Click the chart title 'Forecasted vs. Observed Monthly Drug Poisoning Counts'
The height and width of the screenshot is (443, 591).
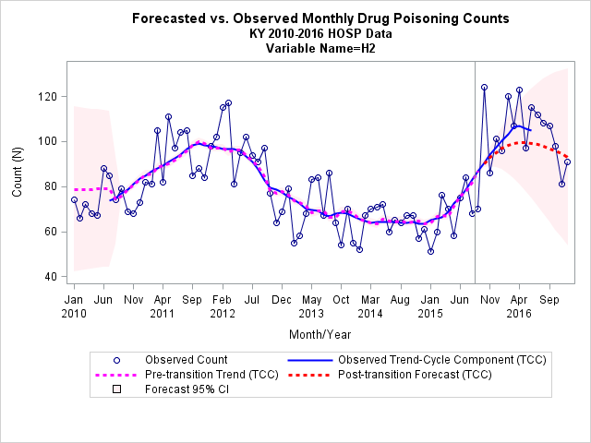[320, 18]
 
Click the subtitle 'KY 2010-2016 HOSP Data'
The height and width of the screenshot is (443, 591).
[320, 33]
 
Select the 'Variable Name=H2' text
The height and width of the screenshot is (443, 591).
[320, 48]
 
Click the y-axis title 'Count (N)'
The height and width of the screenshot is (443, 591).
[18, 173]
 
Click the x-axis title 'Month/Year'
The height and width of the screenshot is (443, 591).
[320, 334]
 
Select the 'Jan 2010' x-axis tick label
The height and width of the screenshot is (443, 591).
[74, 306]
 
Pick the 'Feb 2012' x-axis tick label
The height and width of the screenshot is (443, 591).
[223, 306]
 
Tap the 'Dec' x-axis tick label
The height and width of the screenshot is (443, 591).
[282, 300]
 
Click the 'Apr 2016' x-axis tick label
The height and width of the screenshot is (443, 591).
[519, 306]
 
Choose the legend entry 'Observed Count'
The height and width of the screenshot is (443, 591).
[186, 360]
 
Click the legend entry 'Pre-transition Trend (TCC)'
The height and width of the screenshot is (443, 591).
[211, 375]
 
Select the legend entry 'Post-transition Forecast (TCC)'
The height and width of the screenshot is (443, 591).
[415, 375]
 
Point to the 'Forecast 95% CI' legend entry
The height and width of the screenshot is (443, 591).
[187, 389]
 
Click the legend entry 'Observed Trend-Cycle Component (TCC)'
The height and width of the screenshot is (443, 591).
[441, 360]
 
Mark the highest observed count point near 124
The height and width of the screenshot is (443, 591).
[484, 88]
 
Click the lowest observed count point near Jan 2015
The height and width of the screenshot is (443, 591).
[431, 252]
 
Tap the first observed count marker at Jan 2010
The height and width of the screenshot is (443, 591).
[74, 200]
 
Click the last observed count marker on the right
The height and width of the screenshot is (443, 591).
[568, 162]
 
